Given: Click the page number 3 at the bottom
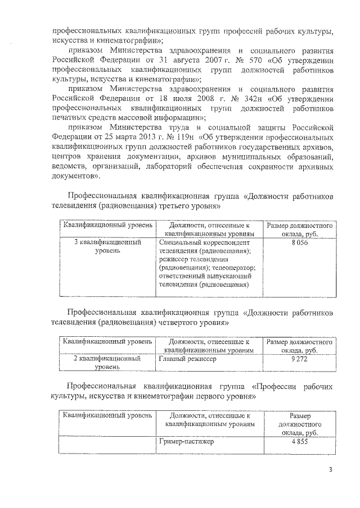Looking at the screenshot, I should (x=331, y=469).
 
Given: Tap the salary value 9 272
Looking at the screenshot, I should (x=299, y=358).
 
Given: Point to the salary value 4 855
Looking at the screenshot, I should (x=299, y=441).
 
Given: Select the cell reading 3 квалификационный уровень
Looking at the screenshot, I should (x=107, y=247).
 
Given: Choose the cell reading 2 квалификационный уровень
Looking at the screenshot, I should (x=107, y=362).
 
